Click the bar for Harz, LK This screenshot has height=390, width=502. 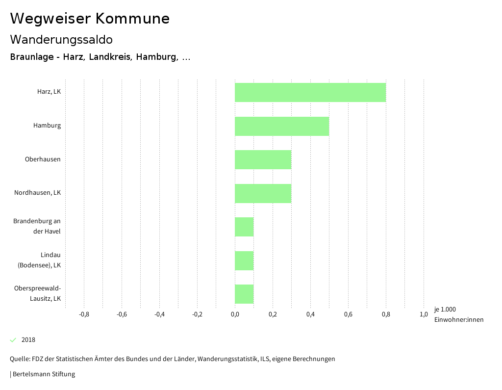310,92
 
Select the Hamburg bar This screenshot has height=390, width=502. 282,126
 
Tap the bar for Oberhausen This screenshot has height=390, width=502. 263,159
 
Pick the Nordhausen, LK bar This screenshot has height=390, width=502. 263,193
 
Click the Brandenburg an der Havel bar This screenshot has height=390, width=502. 244,227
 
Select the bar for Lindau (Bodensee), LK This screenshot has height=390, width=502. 244,260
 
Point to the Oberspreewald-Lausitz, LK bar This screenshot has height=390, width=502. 244,294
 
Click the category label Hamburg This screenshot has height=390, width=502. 47,126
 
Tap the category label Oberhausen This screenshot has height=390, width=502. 43,159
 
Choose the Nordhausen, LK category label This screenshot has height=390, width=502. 37,193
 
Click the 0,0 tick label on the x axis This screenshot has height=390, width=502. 235,314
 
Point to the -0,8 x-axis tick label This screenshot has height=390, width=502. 84,314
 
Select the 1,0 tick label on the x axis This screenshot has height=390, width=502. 424,314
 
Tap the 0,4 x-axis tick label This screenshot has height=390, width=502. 310,314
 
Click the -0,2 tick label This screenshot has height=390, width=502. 197,314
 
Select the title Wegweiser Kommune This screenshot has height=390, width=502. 90,19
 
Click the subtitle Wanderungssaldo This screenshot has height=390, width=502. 61,39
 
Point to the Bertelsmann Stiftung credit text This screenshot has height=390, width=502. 43,374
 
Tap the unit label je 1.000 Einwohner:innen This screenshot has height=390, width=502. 458,314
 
